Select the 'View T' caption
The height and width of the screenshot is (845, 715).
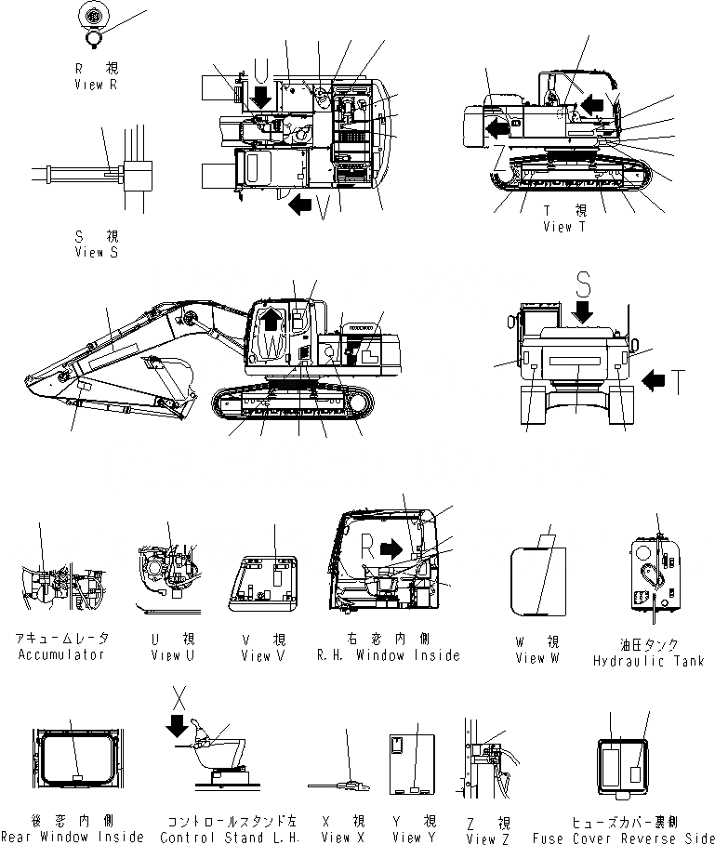pyautogui.click(x=564, y=226)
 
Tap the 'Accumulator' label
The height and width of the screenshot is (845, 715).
pyautogui.click(x=63, y=654)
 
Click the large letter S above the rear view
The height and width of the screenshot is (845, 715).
pyautogui.click(x=583, y=284)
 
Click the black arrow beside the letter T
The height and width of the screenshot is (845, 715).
pyautogui.click(x=654, y=378)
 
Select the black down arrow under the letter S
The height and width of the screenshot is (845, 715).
pyautogui.click(x=584, y=314)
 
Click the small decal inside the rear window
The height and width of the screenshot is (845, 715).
pyautogui.click(x=74, y=773)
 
